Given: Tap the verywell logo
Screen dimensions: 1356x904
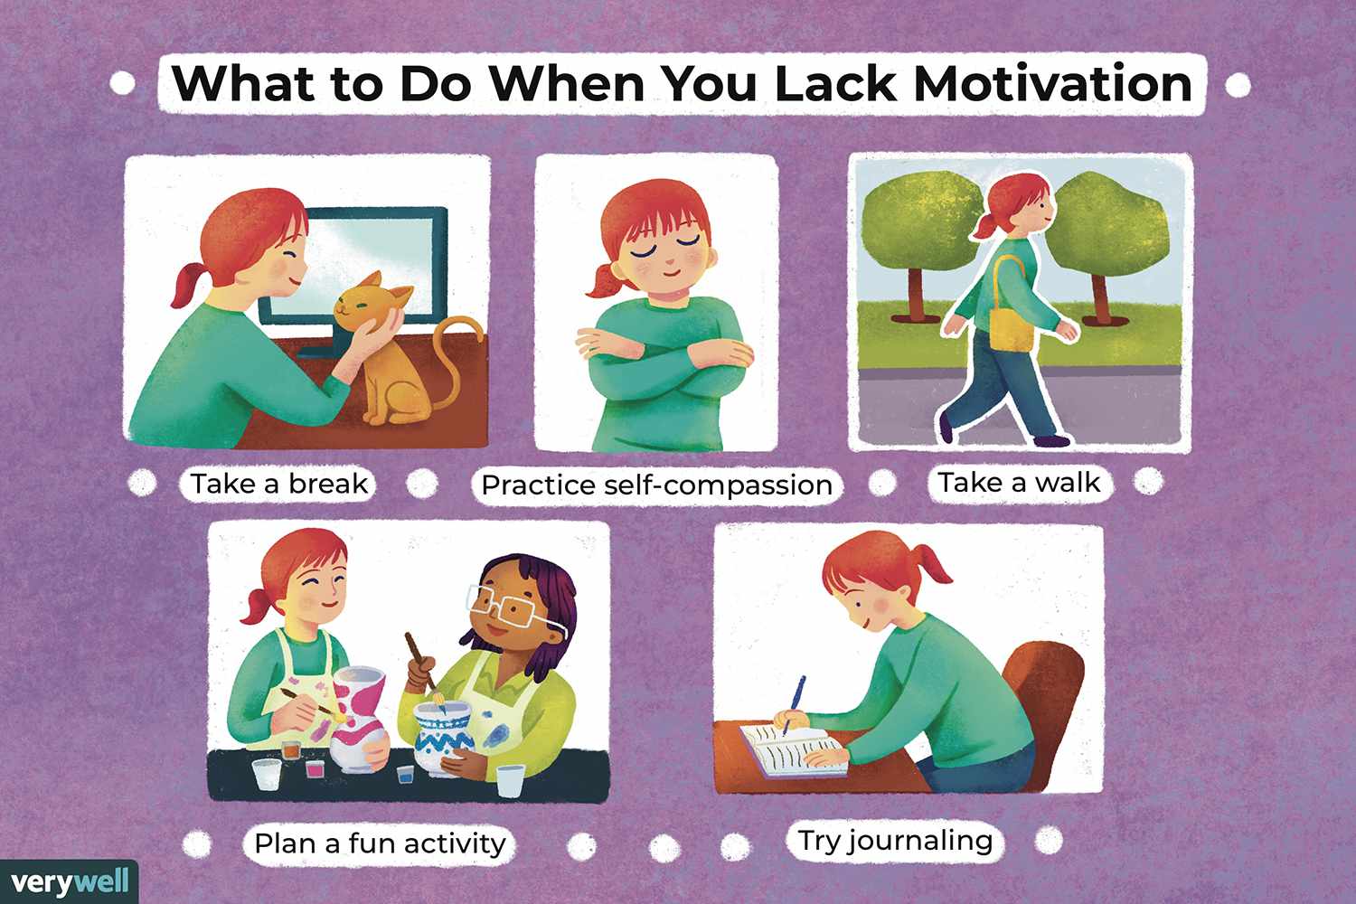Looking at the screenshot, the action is click(70, 881).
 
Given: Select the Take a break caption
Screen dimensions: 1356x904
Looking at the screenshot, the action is click(278, 483).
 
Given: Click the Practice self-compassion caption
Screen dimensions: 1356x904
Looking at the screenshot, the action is click(657, 485).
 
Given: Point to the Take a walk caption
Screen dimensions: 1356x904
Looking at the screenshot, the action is click(1019, 483).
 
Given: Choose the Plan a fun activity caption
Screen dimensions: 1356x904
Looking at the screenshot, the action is click(380, 843).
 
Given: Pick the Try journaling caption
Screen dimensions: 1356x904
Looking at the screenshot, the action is click(895, 841).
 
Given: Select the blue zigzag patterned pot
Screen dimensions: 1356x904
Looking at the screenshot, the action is click(442, 739).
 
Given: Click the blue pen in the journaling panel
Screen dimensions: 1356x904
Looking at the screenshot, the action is click(794, 705).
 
